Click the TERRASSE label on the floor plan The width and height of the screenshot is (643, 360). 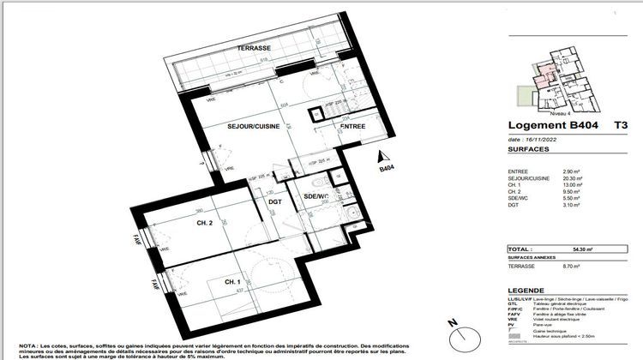tap(254, 49)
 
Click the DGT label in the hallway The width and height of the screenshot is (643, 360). tap(274, 201)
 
